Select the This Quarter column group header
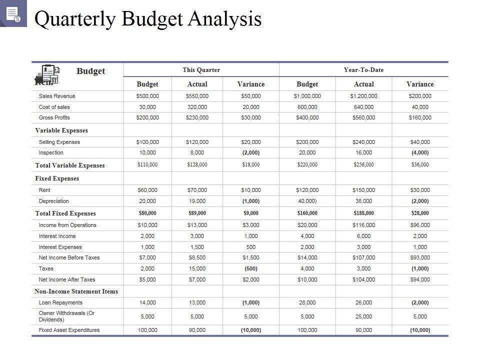coord(201,69)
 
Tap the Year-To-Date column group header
coord(363,69)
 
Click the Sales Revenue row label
coord(57,96)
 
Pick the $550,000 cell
coord(197,96)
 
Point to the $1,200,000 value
coord(363,96)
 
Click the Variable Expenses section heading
coord(61,130)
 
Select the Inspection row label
coord(51,152)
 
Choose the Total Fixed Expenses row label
coord(65,213)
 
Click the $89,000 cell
coord(197,213)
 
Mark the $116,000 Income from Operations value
coord(363,225)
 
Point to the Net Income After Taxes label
coord(67,279)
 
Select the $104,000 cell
coord(363,279)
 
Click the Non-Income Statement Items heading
coord(76,291)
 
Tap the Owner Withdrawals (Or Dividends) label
coord(66,316)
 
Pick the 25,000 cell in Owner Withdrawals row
coord(363,316)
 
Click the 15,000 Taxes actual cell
coord(197,268)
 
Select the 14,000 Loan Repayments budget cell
coord(147,302)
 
